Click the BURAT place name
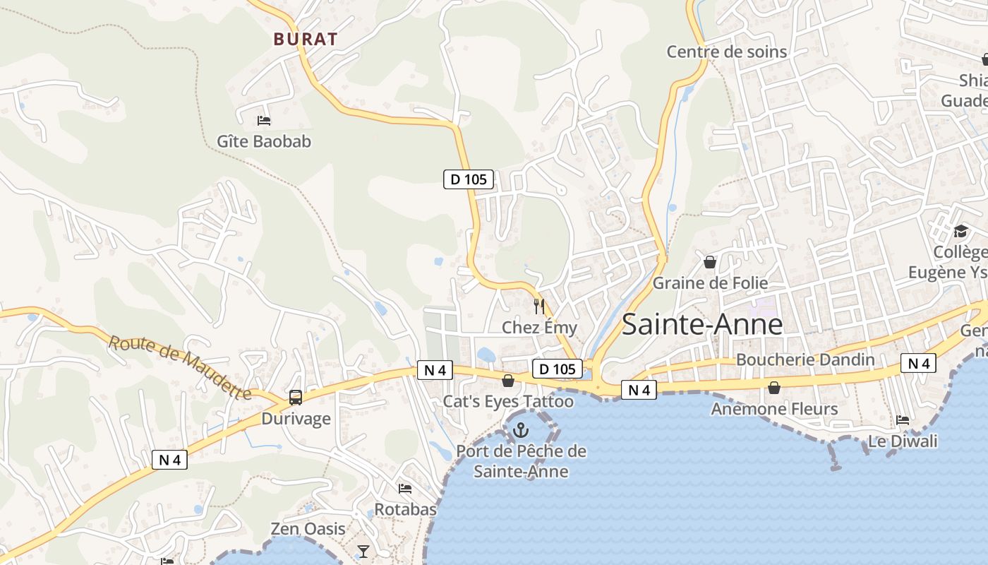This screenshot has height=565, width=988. [306, 39]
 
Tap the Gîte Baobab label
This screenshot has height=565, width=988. [264, 141]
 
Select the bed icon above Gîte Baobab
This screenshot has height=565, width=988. [264, 121]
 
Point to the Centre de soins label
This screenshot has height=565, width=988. [727, 52]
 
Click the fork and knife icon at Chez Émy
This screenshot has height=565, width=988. [539, 307]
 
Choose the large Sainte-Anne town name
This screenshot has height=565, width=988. [702, 325]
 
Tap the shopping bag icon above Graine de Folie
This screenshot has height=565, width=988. [710, 262]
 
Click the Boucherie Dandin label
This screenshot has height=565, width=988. [805, 359]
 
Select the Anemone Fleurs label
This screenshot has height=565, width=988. [774, 409]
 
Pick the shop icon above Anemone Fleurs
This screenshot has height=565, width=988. [774, 388]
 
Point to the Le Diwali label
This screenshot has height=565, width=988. [903, 441]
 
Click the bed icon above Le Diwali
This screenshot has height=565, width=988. [903, 420]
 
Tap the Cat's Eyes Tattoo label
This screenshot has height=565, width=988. [508, 402]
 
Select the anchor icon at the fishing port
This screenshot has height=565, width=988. [521, 430]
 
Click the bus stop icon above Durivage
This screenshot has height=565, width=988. [296, 398]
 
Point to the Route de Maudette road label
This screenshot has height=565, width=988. [181, 367]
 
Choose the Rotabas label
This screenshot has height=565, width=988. [405, 509]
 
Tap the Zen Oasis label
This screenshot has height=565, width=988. [308, 529]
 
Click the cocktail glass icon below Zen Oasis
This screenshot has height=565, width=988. [363, 551]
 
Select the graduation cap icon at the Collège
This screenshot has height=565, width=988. [960, 231]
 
